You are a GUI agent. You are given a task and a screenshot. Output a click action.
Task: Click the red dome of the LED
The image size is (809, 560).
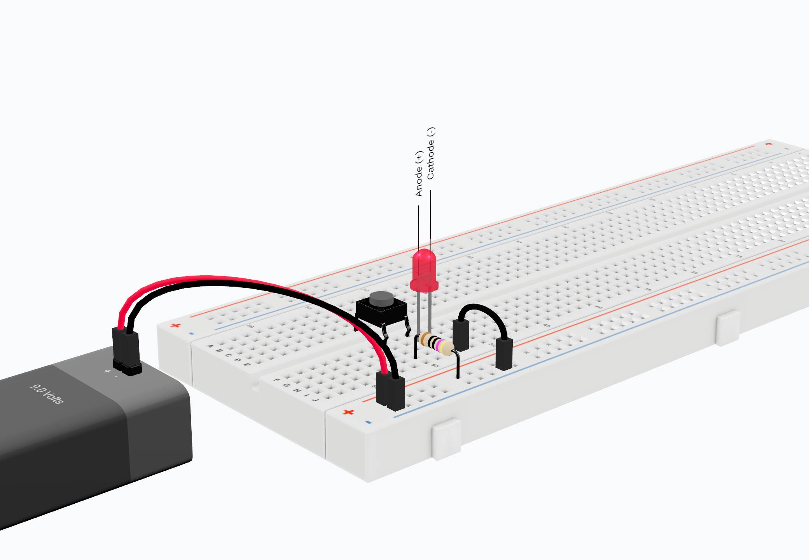[x=423, y=268]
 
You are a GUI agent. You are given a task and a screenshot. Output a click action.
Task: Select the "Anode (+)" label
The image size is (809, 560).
[x=419, y=174]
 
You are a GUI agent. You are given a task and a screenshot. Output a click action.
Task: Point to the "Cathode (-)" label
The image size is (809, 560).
[x=431, y=153]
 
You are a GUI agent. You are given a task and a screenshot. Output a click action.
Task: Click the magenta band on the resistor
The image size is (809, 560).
[x=441, y=345]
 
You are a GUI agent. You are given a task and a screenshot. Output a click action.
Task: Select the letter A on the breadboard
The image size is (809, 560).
[x=210, y=346]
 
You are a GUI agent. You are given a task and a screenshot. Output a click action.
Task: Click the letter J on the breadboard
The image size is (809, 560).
[x=316, y=400]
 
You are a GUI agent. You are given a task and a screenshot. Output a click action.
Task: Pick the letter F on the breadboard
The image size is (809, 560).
[x=277, y=380]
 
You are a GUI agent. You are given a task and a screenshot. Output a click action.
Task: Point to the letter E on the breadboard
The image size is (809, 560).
[x=246, y=364]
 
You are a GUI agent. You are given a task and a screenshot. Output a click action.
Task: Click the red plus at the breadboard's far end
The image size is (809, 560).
[x=768, y=144]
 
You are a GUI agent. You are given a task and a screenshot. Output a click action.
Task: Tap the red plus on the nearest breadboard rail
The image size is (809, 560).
[x=348, y=412]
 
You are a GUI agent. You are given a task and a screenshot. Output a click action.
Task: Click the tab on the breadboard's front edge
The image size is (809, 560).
[x=447, y=439]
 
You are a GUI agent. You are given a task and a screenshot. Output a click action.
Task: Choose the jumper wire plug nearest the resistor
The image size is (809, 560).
[x=461, y=335]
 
